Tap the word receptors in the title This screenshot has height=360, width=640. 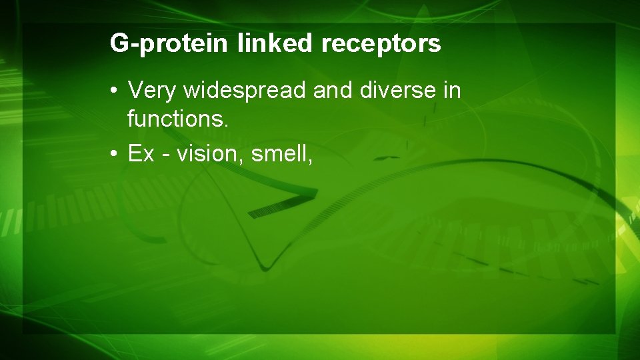pyautogui.click(x=381, y=43)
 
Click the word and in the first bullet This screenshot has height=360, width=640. pyautogui.click(x=334, y=89)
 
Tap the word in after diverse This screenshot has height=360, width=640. pyautogui.click(x=452, y=89)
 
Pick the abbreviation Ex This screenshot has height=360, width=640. pyautogui.click(x=141, y=154)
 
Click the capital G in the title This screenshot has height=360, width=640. pyautogui.click(x=118, y=43)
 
